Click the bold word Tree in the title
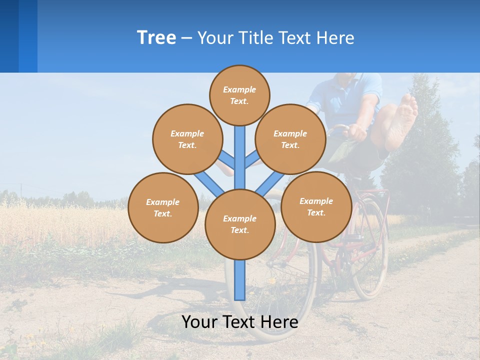click(156, 37)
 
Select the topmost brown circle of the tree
click(239, 95)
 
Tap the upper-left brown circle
click(187, 139)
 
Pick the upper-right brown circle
click(290, 139)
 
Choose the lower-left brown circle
click(162, 207)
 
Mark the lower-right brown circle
click(316, 206)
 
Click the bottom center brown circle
click(240, 224)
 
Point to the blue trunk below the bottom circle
click(240, 280)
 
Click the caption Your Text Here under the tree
click(240, 322)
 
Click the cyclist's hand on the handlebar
click(356, 132)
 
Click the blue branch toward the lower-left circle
click(208, 183)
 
